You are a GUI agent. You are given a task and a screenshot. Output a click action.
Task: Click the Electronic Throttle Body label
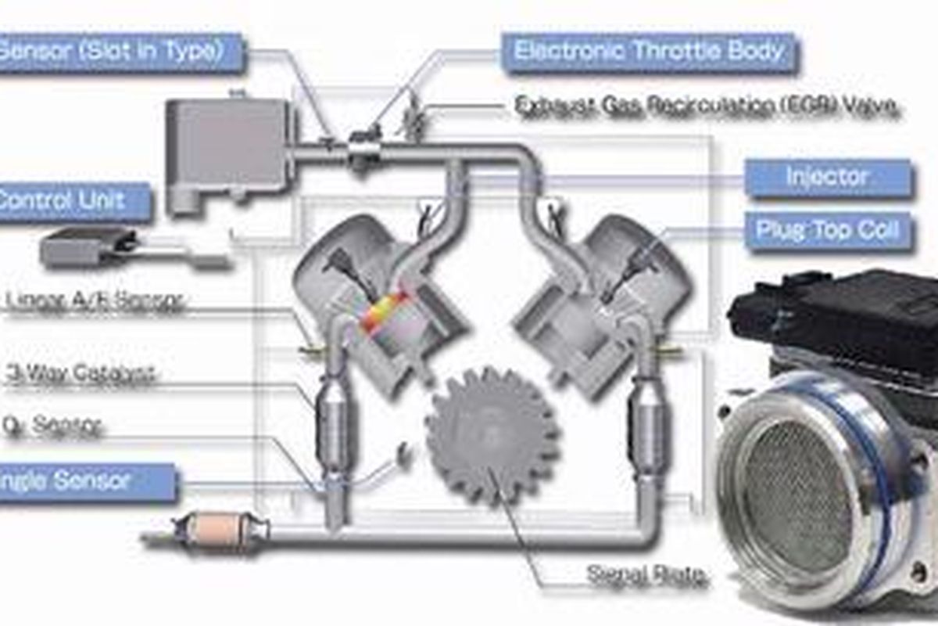pyautogui.click(x=649, y=52)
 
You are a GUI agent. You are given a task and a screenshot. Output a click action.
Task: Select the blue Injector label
pyautogui.click(x=828, y=178)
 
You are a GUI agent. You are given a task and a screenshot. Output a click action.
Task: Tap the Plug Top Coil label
pyautogui.click(x=828, y=231)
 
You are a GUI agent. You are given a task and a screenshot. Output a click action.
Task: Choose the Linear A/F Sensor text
pyautogui.click(x=94, y=300)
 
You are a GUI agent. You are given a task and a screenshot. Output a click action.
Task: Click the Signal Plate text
pyautogui.click(x=646, y=575)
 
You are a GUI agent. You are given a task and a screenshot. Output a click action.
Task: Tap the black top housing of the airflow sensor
pyautogui.click(x=836, y=313)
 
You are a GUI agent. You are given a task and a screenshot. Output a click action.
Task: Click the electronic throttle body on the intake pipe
pyautogui.click(x=364, y=149)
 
